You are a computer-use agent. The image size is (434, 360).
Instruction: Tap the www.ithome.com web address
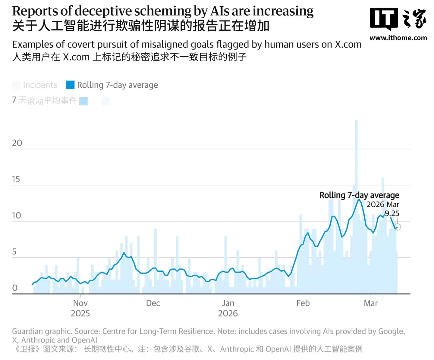point(398,38)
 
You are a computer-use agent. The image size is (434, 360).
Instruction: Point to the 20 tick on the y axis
point(17,143)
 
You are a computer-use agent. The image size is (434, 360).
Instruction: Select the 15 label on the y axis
point(16,179)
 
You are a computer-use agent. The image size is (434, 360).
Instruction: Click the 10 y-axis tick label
point(17,215)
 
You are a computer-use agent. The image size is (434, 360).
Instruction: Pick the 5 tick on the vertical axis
point(14,252)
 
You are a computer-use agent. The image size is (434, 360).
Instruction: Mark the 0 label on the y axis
point(15,288)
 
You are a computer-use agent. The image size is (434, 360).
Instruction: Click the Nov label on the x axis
point(80,303)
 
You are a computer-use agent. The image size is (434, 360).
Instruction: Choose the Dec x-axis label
point(153,303)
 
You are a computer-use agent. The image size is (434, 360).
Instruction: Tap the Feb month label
point(303,303)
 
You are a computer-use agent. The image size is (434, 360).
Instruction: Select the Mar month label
point(371,303)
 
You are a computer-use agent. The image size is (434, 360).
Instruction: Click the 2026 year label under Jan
point(228,314)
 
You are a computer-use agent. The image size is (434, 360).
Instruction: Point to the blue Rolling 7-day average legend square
point(70,85)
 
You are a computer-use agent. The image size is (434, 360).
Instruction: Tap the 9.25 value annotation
point(392,213)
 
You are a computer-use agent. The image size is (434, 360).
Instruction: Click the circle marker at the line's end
point(398,227)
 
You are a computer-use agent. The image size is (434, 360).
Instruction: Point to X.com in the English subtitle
point(348,45)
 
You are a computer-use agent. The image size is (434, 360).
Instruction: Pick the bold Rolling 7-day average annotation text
point(359,195)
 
